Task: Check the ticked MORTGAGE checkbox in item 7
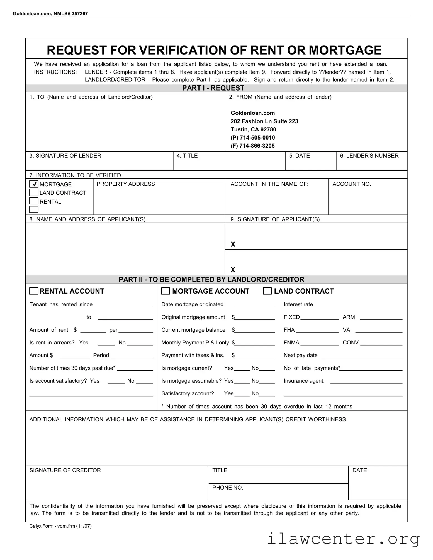pos(34,184)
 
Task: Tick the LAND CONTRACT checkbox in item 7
pos(34,192)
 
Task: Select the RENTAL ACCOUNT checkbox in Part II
pos(34,291)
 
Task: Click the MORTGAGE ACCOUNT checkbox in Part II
pos(166,291)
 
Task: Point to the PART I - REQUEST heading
pos(213,88)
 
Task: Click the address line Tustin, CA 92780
pos(253,129)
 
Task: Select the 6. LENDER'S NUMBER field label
pos(369,156)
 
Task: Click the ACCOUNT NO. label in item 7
pos(352,184)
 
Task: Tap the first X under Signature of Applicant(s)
pos(233,244)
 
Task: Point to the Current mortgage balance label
pos(193,330)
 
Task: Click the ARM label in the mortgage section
pos(349,317)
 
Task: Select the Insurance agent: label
pos(304,381)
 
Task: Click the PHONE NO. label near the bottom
pos(228,488)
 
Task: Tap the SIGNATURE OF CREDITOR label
pos(65,470)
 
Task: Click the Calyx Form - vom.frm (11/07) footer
pos(60,526)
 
